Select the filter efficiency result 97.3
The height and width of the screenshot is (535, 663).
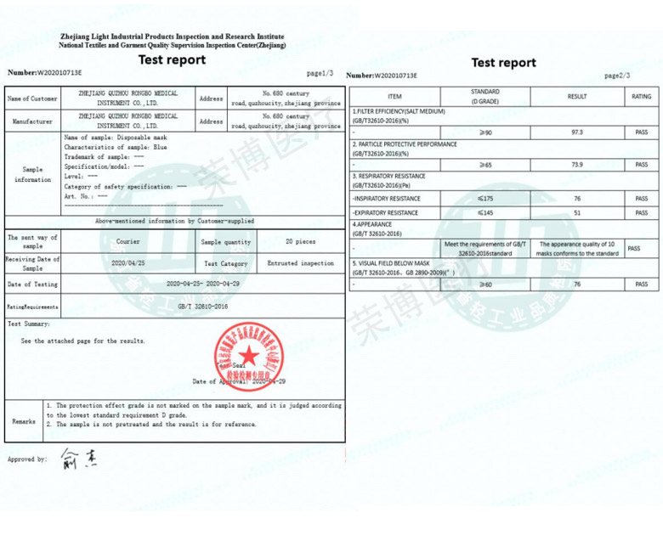(576, 132)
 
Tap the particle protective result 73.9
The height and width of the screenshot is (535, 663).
(576, 165)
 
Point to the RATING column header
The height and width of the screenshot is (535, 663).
(641, 97)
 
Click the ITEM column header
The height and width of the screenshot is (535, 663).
(394, 97)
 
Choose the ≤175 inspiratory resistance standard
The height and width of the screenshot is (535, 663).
(485, 198)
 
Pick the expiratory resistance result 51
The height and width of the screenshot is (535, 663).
(576, 213)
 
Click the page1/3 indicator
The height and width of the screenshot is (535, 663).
(320, 73)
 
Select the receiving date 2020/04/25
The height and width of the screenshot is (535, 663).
(128, 263)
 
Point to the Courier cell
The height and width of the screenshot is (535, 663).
(128, 241)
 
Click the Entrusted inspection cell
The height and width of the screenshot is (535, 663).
(301, 263)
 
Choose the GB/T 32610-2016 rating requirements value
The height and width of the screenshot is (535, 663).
(203, 306)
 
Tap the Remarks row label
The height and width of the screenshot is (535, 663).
(24, 420)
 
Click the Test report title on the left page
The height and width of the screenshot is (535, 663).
(173, 59)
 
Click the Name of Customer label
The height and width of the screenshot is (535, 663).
(32, 99)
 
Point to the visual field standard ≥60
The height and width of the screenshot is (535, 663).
(485, 284)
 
